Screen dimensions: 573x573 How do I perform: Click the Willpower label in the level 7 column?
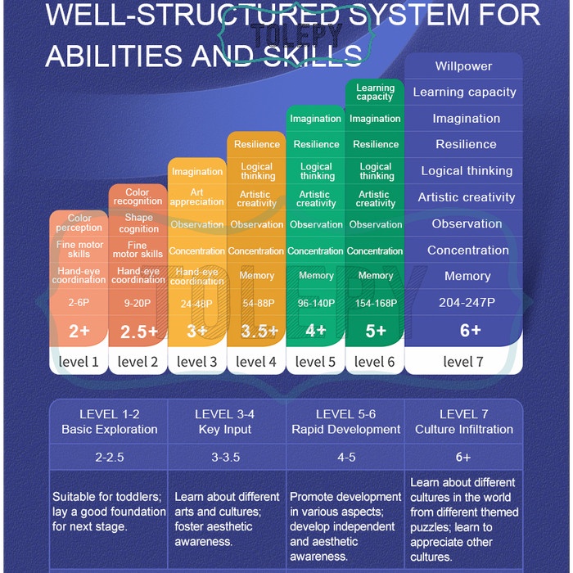tap(463, 66)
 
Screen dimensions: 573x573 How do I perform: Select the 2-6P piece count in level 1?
tap(79, 303)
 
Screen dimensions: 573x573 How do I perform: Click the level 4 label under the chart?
tap(256, 362)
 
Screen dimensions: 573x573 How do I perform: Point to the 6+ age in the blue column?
tap(470, 331)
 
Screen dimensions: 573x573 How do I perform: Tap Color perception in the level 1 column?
tap(79, 223)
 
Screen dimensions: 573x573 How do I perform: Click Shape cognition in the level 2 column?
tap(138, 223)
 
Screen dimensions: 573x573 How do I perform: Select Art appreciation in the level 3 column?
tap(197, 197)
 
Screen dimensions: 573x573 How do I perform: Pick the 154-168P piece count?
tap(376, 303)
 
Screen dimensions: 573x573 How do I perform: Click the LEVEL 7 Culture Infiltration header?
tap(463, 422)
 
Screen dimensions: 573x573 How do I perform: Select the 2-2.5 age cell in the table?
tap(109, 458)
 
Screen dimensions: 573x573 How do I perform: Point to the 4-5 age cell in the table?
tap(346, 458)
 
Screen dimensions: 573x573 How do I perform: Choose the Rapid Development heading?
tap(346, 429)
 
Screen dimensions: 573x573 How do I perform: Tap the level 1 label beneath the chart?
tap(79, 362)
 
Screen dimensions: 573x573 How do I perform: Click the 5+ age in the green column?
tap(375, 332)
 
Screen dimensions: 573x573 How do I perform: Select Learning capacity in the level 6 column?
tap(375, 92)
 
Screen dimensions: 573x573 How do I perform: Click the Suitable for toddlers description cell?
tap(109, 511)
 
